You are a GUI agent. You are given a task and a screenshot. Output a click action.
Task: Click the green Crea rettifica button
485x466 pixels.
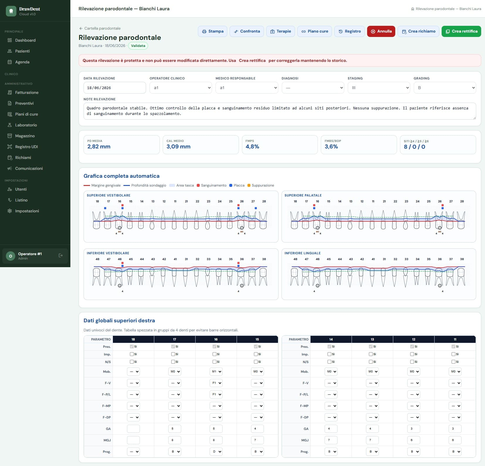click(461, 31)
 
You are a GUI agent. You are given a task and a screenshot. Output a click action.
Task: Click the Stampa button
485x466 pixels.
click(213, 31)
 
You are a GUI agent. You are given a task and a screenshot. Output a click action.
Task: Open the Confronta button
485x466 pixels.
click(247, 31)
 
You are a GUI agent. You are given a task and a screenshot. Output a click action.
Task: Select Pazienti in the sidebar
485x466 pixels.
click(22, 51)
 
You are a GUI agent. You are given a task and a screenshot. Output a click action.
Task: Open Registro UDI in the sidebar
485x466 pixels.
click(26, 147)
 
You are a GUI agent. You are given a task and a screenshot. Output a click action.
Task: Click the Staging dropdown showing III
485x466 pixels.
click(379, 88)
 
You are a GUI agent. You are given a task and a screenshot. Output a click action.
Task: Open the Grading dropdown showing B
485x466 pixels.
click(445, 88)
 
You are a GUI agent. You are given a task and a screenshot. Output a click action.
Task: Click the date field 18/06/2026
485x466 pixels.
click(115, 88)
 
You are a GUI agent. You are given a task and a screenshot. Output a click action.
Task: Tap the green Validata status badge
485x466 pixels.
click(138, 46)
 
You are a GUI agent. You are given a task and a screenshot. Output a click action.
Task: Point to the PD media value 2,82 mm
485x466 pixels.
click(99, 147)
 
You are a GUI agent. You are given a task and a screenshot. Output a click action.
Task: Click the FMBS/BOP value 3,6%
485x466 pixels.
click(331, 147)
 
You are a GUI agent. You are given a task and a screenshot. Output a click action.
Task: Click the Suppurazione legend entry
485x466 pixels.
click(261, 185)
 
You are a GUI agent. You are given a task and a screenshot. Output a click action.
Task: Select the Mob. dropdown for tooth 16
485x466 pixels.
click(216, 372)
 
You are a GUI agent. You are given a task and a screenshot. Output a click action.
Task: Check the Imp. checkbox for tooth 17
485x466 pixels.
click(173, 354)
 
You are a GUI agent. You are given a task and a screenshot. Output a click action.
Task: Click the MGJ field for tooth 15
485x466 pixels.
click(257, 440)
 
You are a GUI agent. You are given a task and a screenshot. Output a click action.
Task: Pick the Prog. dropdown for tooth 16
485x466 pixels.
click(216, 452)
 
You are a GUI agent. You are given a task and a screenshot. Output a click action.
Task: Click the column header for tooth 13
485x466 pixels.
click(372, 339)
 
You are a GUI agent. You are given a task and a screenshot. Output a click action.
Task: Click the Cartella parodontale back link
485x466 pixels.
click(100, 28)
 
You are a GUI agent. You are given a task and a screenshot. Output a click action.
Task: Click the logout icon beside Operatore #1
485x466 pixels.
click(61, 255)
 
